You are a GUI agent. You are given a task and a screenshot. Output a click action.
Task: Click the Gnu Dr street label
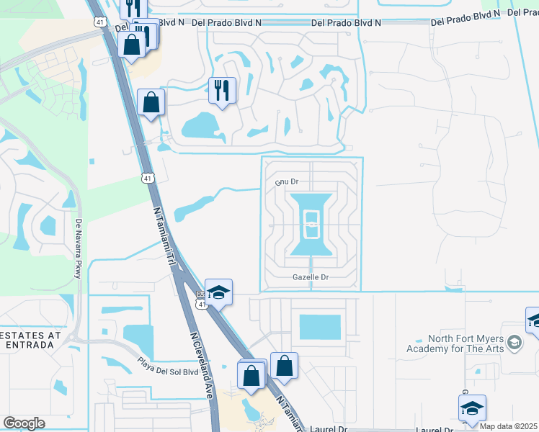(x=287, y=183)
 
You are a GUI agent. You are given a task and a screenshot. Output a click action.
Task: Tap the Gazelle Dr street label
(x=311, y=277)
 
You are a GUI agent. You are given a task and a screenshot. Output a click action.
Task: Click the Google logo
(x=24, y=423)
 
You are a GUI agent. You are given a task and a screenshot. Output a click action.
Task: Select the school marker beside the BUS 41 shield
(x=218, y=292)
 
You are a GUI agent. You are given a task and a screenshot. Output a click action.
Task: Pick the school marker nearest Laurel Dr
(x=472, y=408)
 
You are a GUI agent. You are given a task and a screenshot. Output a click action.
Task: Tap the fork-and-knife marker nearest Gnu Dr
(x=222, y=90)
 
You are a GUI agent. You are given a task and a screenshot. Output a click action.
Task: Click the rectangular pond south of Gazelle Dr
(x=319, y=327)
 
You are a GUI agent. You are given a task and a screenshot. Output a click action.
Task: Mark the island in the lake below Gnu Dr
(x=311, y=225)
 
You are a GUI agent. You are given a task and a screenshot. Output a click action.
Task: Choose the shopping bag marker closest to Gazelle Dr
(x=285, y=365)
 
